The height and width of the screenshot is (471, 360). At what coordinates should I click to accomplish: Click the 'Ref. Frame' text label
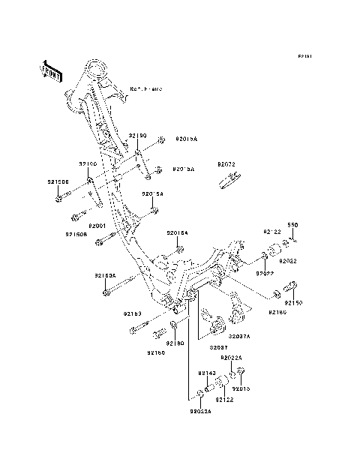tap(145, 88)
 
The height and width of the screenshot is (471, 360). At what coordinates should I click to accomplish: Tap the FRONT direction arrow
tap(51, 70)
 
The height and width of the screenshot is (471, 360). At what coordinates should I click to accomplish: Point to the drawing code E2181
tap(304, 56)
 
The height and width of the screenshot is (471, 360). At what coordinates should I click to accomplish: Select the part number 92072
tap(226, 164)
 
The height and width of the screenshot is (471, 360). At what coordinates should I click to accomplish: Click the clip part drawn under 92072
tap(230, 178)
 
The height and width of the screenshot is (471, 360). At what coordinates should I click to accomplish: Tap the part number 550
tap(293, 225)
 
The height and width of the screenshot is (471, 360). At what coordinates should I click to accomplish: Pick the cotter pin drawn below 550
tap(295, 241)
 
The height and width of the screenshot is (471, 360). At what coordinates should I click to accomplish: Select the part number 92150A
tap(105, 275)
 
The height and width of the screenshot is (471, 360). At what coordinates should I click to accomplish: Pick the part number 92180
tap(175, 343)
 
